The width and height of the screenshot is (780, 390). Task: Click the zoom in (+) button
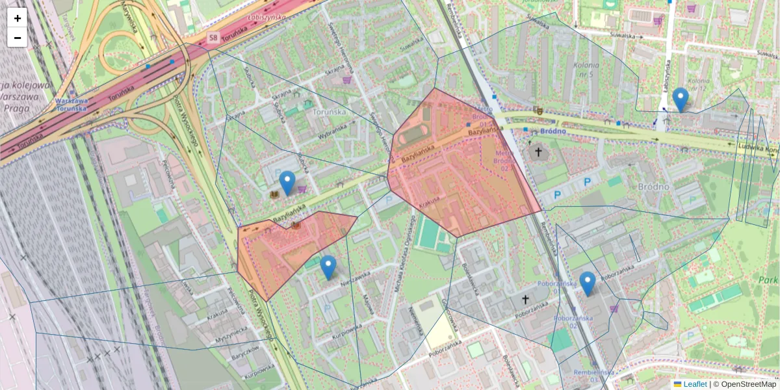pyautogui.click(x=18, y=18)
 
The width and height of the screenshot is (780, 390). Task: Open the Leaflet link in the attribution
pyautogui.click(x=694, y=384)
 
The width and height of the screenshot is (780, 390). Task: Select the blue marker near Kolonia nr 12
pyautogui.click(x=681, y=99)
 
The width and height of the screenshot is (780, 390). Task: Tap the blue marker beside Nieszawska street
pyautogui.click(x=328, y=267)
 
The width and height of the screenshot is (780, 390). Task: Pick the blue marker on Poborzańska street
pyautogui.click(x=588, y=283)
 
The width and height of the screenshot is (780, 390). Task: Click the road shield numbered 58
pyautogui.click(x=213, y=38)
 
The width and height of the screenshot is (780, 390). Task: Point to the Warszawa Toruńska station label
pyautogui.click(x=71, y=105)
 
